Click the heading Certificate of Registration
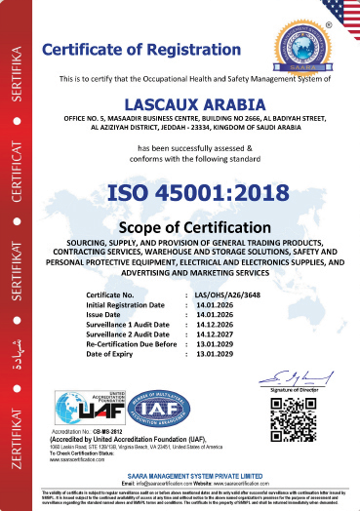(x=153, y=49)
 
